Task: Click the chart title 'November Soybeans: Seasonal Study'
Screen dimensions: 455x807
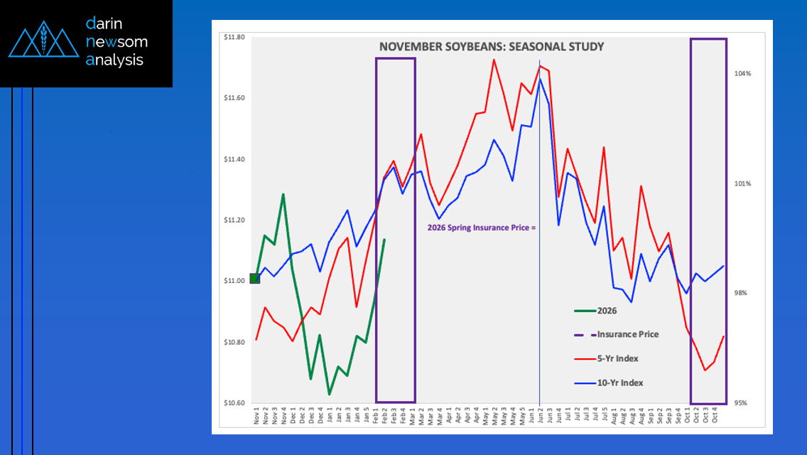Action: [492, 47]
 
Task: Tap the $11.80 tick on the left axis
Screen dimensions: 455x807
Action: [234, 37]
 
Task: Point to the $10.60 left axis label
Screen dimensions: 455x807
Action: [234, 403]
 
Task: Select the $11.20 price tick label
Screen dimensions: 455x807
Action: [234, 220]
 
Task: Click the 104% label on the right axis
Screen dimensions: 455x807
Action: [742, 73]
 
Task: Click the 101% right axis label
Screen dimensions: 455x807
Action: [742, 183]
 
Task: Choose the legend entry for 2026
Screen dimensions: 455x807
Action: [607, 311]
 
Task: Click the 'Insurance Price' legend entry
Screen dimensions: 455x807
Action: [627, 334]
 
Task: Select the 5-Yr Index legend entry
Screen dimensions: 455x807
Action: [617, 358]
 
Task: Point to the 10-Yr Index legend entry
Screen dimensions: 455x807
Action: [619, 382]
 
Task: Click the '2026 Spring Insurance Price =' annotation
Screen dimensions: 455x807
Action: [480, 228]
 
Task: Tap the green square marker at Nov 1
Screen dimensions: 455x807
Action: [255, 278]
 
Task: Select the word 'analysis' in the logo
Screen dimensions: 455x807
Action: [114, 60]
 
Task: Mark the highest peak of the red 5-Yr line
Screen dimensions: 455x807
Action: [494, 59]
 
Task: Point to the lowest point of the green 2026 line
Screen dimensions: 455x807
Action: [329, 394]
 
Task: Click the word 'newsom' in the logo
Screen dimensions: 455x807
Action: [117, 42]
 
